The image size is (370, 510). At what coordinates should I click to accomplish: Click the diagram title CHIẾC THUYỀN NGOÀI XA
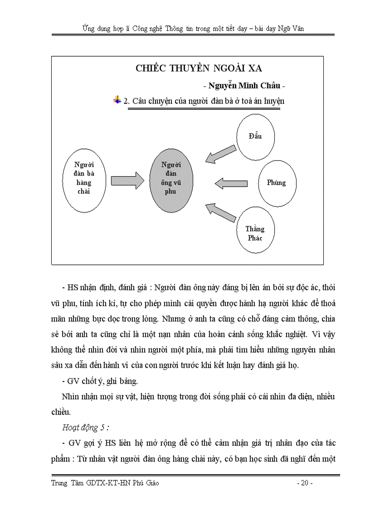[x=199, y=68]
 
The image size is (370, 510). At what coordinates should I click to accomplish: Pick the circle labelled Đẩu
[x=256, y=137]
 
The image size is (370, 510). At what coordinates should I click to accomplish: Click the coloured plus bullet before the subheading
[x=117, y=99]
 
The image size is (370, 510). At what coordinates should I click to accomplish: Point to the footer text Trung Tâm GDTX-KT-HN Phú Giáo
[x=105, y=483]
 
